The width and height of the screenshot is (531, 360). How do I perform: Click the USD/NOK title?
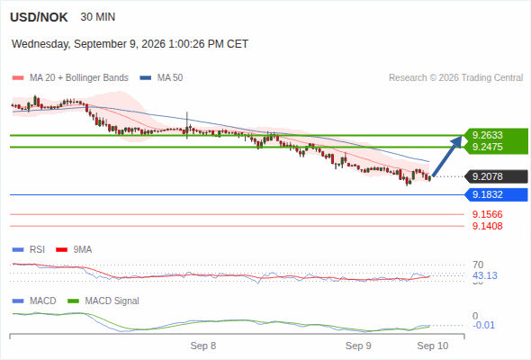tap(39, 17)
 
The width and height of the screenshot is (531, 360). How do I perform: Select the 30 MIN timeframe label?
tap(98, 17)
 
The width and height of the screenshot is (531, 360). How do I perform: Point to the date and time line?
tap(130, 44)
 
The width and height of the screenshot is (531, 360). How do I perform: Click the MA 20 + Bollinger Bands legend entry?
tap(70, 78)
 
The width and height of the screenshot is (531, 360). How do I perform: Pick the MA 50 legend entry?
tap(161, 78)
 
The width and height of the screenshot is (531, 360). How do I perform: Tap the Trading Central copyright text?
tap(455, 78)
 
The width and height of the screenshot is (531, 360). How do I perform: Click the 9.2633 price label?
tap(487, 135)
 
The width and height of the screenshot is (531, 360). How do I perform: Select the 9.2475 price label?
tap(487, 147)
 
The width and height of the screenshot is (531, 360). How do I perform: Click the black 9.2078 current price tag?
tap(496, 176)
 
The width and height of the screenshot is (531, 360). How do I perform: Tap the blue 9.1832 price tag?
tap(496, 194)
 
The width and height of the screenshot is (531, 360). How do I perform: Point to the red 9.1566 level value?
tap(487, 214)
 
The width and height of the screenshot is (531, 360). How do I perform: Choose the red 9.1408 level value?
tap(487, 226)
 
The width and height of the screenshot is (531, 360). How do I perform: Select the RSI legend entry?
tap(29, 249)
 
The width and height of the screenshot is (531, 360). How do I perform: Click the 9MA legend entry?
tap(74, 249)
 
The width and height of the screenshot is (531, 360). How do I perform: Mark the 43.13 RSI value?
tap(485, 275)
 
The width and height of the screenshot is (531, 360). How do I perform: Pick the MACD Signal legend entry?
tap(103, 301)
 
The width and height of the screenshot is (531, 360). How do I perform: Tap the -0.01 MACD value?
tap(483, 325)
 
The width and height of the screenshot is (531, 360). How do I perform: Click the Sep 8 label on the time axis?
tap(203, 346)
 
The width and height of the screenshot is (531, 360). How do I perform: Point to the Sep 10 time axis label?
tap(433, 346)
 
